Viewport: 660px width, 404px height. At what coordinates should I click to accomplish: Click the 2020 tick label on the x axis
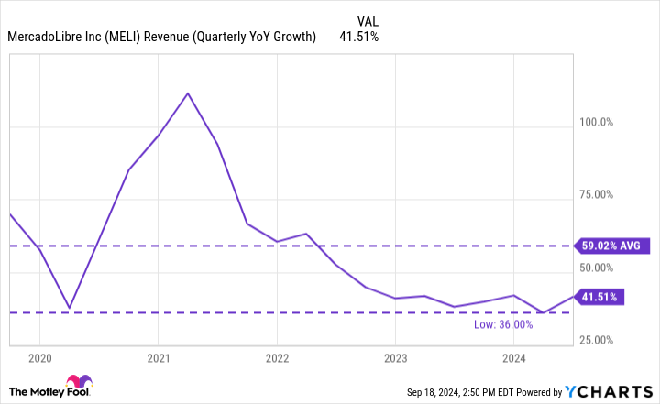[40, 358]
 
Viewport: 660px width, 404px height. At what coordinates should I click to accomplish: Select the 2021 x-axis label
[159, 358]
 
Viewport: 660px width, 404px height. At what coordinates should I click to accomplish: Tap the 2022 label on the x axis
[277, 358]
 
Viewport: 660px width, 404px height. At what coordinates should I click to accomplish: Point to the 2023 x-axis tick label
[395, 358]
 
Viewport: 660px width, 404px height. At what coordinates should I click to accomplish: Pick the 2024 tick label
[513, 358]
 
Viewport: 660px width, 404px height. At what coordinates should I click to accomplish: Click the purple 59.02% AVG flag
[611, 246]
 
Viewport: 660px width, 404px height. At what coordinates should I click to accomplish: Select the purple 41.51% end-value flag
[601, 296]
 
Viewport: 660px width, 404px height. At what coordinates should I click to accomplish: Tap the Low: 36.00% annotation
[528, 324]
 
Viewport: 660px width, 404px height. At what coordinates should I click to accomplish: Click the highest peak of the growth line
[188, 93]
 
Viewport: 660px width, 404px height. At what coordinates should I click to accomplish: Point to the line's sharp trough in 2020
[69, 308]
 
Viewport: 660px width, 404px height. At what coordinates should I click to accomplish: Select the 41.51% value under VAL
[359, 37]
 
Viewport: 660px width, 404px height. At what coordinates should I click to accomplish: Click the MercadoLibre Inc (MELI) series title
[161, 37]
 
